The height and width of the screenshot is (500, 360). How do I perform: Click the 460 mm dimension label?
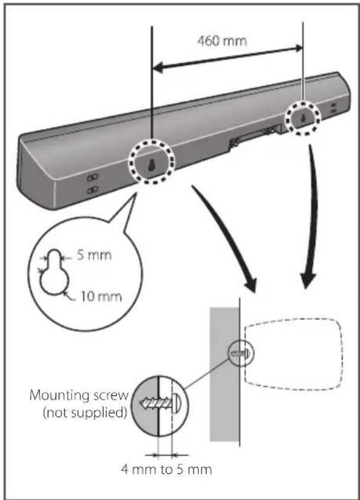click(222, 41)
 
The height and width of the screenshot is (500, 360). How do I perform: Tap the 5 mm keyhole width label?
click(94, 255)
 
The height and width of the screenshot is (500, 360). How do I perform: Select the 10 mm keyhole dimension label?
click(101, 297)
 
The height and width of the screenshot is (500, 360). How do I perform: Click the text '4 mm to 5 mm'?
click(166, 469)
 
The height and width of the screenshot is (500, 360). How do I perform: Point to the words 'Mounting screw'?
click(79, 396)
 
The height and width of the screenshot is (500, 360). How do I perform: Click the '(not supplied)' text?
click(85, 413)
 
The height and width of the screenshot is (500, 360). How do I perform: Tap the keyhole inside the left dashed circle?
click(152, 165)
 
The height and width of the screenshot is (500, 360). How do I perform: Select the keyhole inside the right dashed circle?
click(303, 118)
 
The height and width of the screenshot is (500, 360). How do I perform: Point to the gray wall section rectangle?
click(224, 374)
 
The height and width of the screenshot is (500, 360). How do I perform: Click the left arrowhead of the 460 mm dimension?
click(157, 68)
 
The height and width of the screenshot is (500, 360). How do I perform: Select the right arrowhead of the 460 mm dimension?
click(299, 48)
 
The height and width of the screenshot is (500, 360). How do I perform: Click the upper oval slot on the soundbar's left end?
click(93, 177)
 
